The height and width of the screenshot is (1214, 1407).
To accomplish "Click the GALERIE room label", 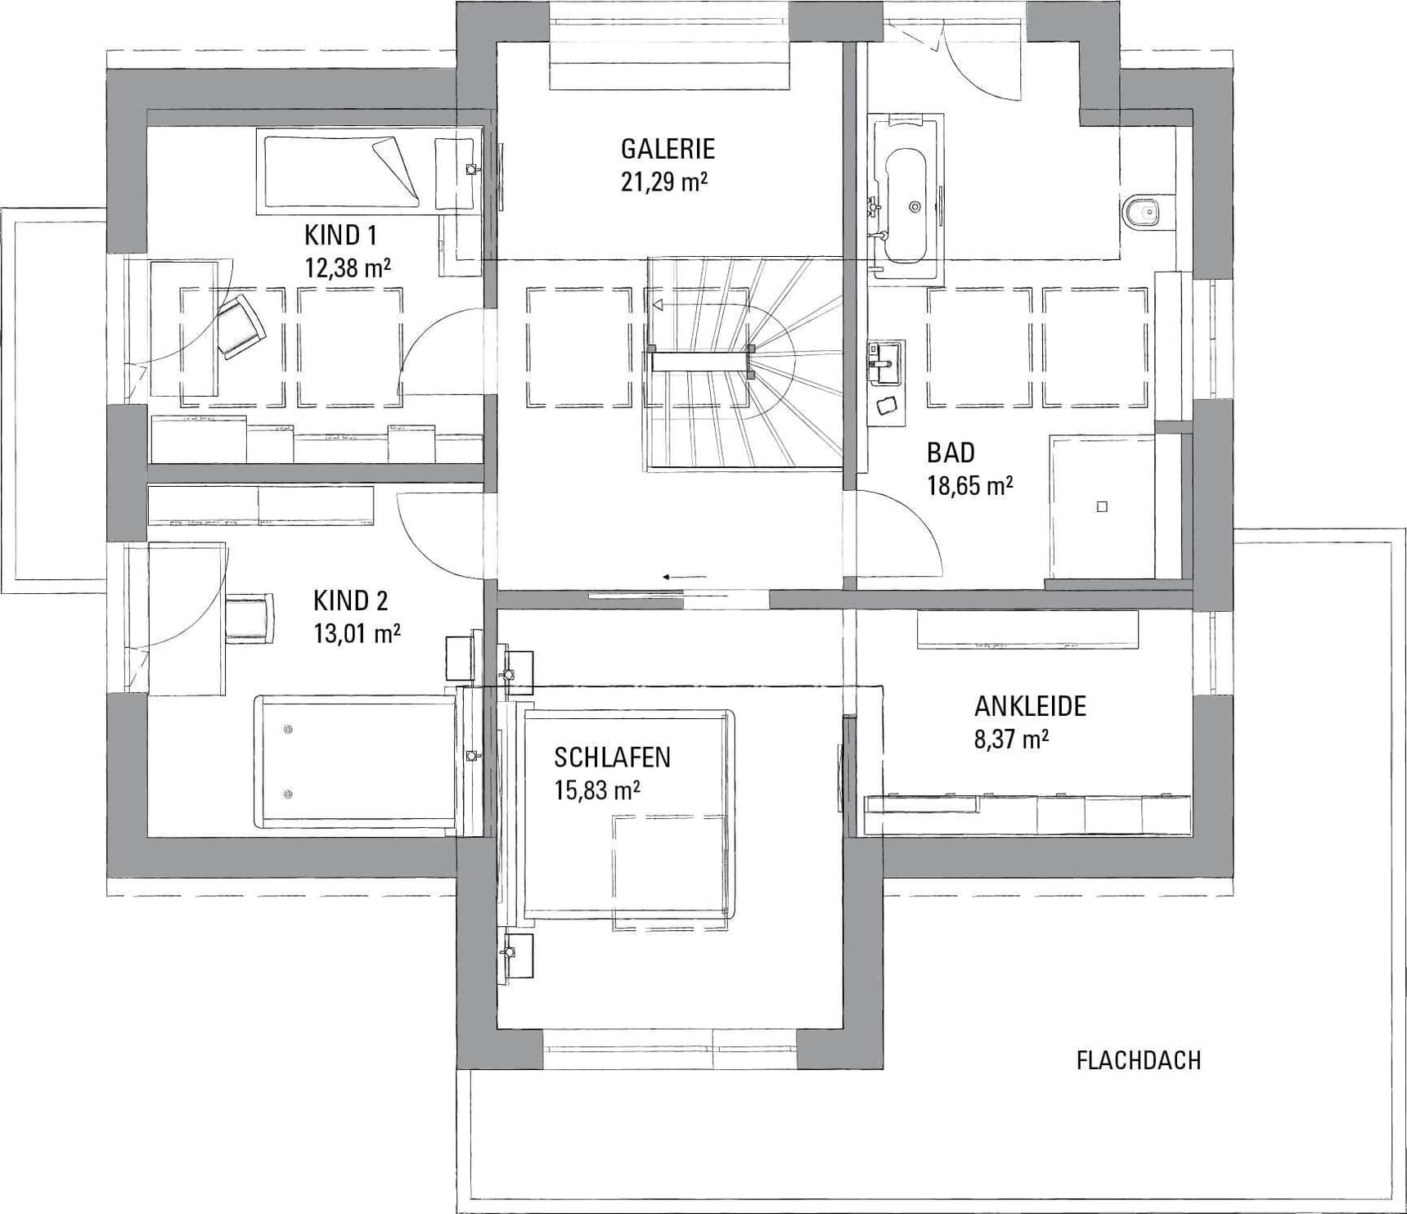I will (x=668, y=149).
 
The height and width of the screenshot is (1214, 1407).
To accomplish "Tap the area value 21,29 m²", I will (x=663, y=182).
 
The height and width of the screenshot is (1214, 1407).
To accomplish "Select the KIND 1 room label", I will (x=340, y=236).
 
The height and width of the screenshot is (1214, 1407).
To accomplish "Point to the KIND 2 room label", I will (x=351, y=601).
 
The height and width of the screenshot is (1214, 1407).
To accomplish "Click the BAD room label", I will (x=951, y=452).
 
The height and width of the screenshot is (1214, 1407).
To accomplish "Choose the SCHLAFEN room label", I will (x=612, y=758).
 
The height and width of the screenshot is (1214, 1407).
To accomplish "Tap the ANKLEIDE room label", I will (x=1030, y=706).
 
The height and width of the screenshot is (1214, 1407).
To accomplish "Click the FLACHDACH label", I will (x=1138, y=1061).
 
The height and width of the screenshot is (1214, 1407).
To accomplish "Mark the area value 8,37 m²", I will (x=1011, y=740).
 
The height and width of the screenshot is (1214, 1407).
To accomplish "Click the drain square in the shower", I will (x=1102, y=507).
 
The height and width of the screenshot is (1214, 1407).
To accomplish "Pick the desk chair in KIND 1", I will (x=240, y=326).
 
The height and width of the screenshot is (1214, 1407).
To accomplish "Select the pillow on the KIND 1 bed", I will (x=392, y=161).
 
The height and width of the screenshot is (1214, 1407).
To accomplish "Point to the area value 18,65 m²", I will (x=969, y=486).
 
